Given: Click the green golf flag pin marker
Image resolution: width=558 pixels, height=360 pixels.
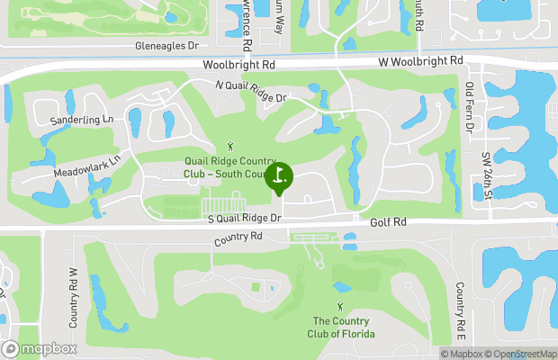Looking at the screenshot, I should (x=279, y=175).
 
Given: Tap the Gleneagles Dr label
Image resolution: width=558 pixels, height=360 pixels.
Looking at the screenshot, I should (x=166, y=46).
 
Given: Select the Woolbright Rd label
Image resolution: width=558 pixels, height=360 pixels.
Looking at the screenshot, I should (x=238, y=66).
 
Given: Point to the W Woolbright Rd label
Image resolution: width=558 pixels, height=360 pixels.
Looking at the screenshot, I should (x=422, y=60).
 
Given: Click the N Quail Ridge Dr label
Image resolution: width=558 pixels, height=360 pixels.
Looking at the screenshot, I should (x=250, y=91).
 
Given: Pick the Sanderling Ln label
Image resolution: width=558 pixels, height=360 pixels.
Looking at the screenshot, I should (x=83, y=119).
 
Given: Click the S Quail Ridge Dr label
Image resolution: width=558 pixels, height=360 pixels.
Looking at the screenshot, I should (x=245, y=217).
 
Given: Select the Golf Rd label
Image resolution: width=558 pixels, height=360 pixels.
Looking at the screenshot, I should (x=388, y=221).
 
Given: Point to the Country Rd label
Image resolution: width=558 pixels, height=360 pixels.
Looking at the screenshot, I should (x=238, y=238).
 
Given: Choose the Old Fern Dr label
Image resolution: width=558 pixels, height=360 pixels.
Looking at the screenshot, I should (x=469, y=108).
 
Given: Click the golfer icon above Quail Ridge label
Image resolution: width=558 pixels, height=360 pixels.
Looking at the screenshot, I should (x=231, y=145).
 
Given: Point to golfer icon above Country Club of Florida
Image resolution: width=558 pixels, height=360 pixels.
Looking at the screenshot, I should (x=339, y=289).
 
